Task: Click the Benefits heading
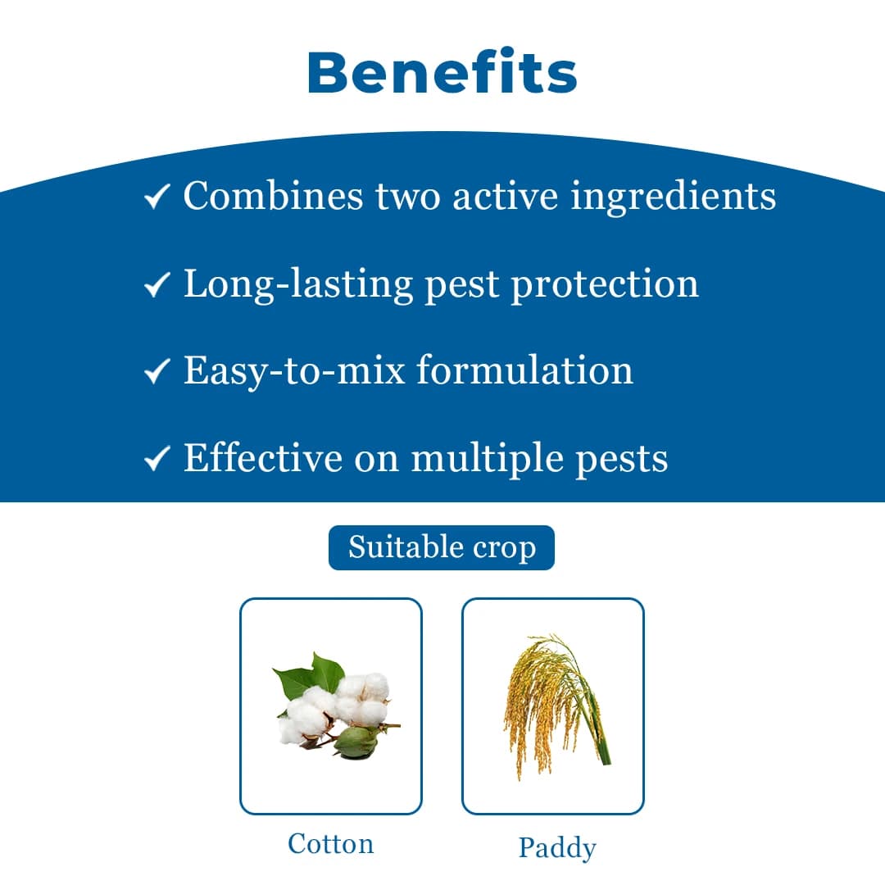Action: coord(442,72)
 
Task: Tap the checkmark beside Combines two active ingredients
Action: coord(156,197)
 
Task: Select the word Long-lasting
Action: coord(298,284)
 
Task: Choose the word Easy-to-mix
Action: coord(294,370)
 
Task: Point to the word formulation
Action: coord(524,370)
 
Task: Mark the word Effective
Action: coord(262,457)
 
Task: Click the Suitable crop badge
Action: coord(442,547)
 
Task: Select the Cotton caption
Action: coord(330,843)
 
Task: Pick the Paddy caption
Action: coord(556,847)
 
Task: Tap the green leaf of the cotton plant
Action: coord(297,678)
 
